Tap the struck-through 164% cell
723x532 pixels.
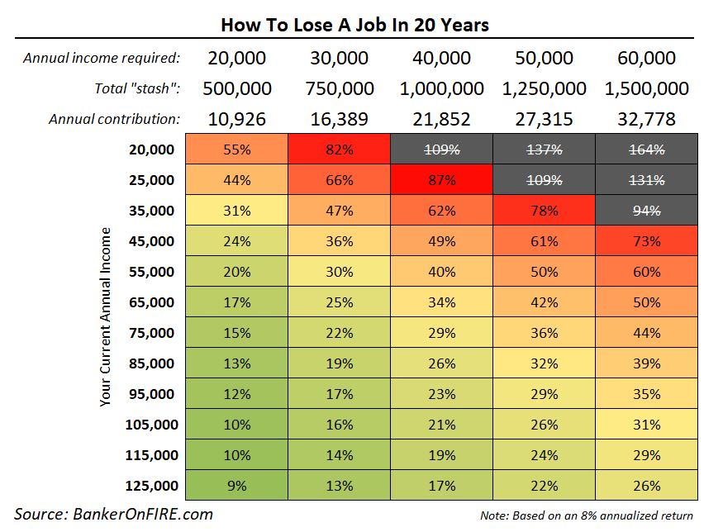click(x=646, y=150)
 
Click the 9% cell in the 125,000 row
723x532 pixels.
click(x=237, y=486)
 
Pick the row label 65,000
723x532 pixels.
click(x=152, y=302)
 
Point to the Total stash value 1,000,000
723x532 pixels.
click(x=442, y=88)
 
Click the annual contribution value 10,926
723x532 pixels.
click(x=237, y=119)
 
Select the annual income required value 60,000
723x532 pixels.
click(x=646, y=59)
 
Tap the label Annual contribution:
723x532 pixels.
click(x=114, y=119)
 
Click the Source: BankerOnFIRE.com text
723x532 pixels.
click(x=113, y=515)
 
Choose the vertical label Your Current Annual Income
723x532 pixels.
click(x=105, y=318)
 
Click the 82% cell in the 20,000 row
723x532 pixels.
click(x=340, y=150)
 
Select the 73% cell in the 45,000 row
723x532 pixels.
click(x=646, y=241)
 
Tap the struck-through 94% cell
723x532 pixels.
click(x=646, y=211)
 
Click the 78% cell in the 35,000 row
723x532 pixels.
click(x=544, y=211)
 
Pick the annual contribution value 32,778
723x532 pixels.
click(x=646, y=119)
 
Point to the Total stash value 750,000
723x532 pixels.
click(x=340, y=88)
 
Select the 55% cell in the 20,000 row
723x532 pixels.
click(x=237, y=150)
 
